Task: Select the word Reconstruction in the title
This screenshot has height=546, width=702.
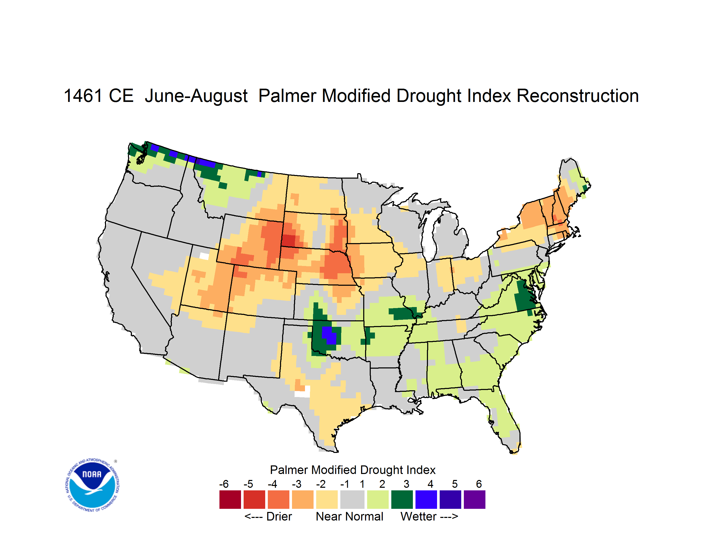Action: (x=578, y=96)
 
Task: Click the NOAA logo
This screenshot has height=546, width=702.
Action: (x=93, y=485)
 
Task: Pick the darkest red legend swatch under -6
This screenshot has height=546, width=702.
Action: (x=230, y=499)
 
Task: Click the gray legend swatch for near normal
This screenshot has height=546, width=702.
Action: (x=352, y=499)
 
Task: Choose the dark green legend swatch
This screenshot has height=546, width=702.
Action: (x=402, y=499)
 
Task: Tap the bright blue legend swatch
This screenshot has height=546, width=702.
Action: (x=426, y=499)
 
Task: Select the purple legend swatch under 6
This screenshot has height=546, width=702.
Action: (x=474, y=499)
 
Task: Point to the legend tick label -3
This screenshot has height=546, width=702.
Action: (x=296, y=484)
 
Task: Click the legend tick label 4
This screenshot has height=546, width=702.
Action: (x=430, y=484)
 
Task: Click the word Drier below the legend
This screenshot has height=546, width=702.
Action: (x=279, y=516)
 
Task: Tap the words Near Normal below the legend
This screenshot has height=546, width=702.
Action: (x=349, y=516)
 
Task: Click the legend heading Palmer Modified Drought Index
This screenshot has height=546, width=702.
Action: (x=353, y=470)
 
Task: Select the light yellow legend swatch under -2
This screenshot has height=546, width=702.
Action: (x=327, y=499)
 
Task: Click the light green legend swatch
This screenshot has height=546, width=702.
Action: (x=378, y=499)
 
